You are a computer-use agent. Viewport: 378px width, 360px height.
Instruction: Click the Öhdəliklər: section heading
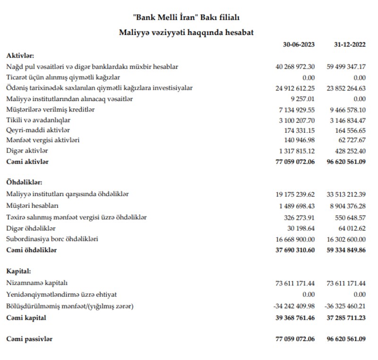click(x=25, y=182)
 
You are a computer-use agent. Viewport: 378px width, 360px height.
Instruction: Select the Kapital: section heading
click(x=19, y=272)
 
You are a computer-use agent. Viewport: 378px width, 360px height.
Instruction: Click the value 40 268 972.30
click(x=295, y=67)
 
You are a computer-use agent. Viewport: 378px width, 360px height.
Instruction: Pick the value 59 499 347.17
click(x=346, y=67)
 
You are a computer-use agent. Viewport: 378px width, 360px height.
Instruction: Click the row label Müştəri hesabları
click(x=32, y=206)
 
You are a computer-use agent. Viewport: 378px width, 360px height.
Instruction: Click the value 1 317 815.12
click(x=297, y=151)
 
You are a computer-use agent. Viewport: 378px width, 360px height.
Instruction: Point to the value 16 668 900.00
click(x=295, y=239)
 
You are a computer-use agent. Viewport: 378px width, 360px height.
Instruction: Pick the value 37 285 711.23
click(x=346, y=318)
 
